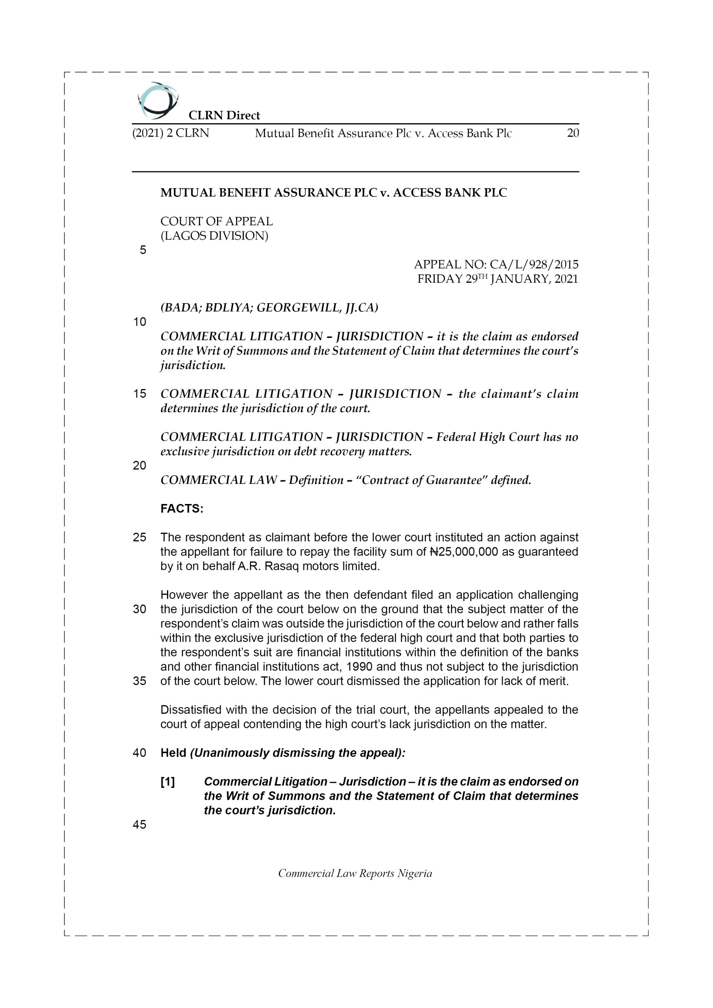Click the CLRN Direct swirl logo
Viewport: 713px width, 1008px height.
click(x=157, y=100)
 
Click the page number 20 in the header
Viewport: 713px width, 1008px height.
click(x=572, y=133)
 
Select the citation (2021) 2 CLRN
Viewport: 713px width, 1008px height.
click(x=171, y=133)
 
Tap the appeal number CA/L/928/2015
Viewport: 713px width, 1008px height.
click(x=534, y=264)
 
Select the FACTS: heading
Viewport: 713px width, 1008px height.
click(x=182, y=508)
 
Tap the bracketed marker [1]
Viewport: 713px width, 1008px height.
click(x=167, y=782)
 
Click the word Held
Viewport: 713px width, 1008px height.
click(x=173, y=753)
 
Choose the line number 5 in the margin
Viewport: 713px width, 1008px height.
click(x=143, y=250)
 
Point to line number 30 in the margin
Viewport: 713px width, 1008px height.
click(x=139, y=610)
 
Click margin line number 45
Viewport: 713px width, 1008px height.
click(x=139, y=825)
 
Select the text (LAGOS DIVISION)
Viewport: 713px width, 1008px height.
click(x=214, y=236)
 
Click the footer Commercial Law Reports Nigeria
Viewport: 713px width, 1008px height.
click(x=355, y=873)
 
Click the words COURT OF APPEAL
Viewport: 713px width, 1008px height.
click(x=217, y=221)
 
